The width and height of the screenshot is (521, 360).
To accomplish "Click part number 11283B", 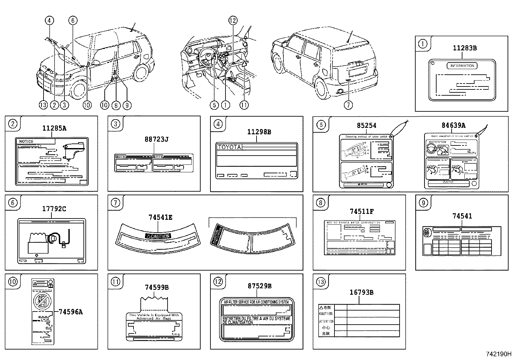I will coord(464,48).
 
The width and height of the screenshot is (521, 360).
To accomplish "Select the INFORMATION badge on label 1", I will coord(462,66).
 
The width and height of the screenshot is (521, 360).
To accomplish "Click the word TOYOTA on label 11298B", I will coord(229,147).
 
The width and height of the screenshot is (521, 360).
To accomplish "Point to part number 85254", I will coord(366,125).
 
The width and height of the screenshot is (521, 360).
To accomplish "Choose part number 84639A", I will coord(453,125).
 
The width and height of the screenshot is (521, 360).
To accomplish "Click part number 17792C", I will coord(54,208).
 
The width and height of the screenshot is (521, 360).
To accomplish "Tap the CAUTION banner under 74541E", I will coord(158,236).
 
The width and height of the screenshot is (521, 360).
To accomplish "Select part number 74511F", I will coord(362,212).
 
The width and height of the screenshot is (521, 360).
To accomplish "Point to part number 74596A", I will coord(70,312).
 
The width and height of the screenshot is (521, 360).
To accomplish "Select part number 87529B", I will coord(260,286).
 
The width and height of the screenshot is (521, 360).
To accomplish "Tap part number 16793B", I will coord(362,292).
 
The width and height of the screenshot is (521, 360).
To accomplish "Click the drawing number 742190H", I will coord(498,354).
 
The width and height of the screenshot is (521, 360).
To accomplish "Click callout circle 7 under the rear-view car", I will coord(349,105).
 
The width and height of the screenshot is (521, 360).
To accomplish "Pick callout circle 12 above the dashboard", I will coord(232,21).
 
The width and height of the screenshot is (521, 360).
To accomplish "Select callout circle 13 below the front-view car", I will coord(43,105).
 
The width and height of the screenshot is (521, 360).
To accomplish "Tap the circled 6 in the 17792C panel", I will coord(12,203).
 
